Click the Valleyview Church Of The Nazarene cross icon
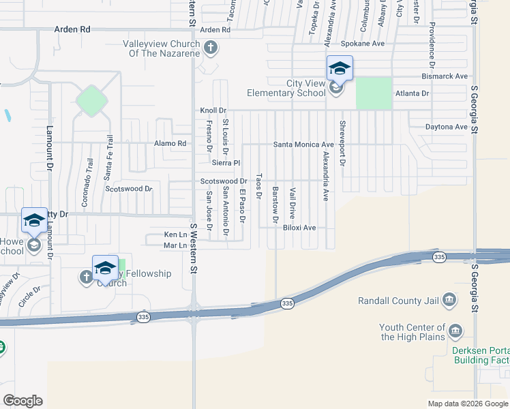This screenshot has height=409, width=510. [x=211, y=48]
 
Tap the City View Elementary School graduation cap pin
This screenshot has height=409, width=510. [x=340, y=69]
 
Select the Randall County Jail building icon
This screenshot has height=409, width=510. [x=449, y=300]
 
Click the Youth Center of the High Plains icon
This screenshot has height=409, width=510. [x=455, y=332]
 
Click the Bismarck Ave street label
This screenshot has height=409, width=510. [x=444, y=76]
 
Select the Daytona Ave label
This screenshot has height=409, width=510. [x=446, y=127]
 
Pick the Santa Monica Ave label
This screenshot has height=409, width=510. [x=303, y=145]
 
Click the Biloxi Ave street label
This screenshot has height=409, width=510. [x=299, y=228]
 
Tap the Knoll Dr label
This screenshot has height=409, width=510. [x=213, y=110]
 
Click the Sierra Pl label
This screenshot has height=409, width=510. [x=226, y=163]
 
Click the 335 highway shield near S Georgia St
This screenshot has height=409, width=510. [x=440, y=256]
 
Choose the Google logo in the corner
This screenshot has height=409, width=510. [x=22, y=401]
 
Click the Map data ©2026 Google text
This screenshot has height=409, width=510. [x=468, y=404]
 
